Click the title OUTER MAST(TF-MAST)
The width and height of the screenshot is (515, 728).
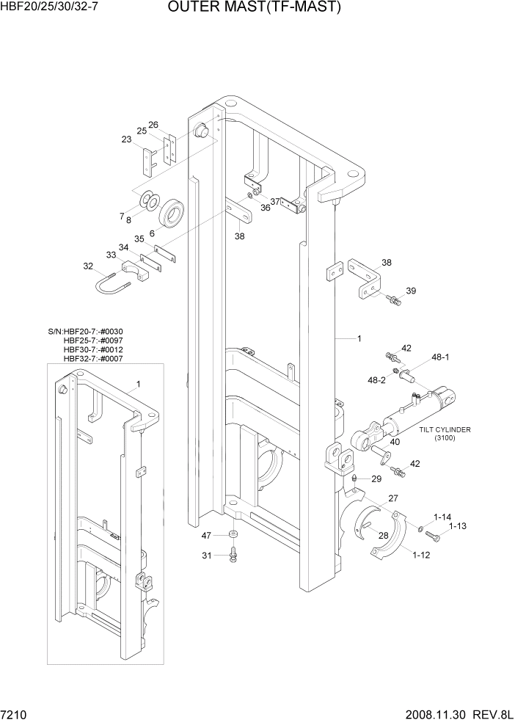(x=254, y=8)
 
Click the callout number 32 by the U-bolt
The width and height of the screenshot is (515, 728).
(x=88, y=266)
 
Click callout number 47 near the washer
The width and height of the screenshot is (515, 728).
(x=207, y=536)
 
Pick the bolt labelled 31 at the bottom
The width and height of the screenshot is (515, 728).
(x=233, y=555)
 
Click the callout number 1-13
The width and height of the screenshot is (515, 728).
(x=459, y=525)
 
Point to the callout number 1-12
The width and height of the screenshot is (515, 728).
(x=421, y=556)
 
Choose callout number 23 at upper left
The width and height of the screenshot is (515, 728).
(x=126, y=139)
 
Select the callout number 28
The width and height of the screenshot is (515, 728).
(x=382, y=535)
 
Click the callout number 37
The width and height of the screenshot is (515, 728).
(x=275, y=201)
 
